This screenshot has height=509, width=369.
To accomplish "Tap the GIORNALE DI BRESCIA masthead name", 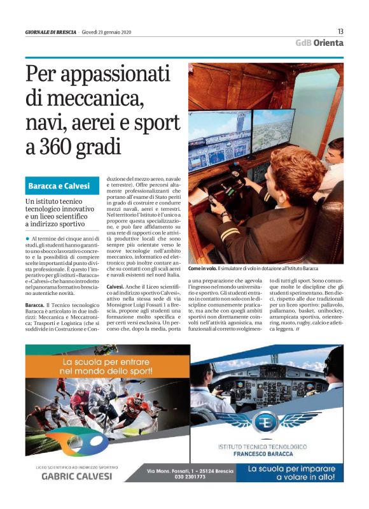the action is point(50,32).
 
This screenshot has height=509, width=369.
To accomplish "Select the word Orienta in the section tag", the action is point(329,43).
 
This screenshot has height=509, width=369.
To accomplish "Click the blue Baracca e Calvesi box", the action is point(62,187).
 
